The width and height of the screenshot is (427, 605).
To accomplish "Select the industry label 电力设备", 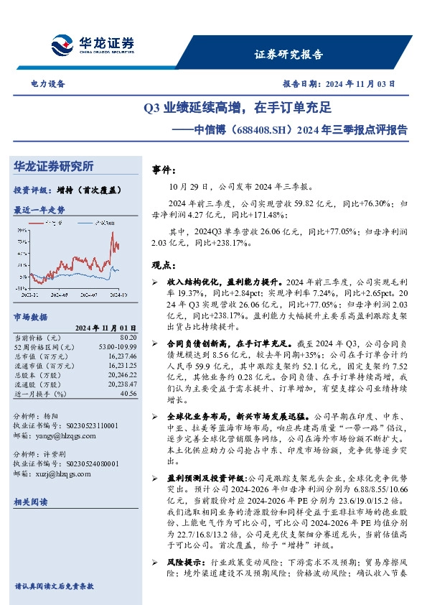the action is (48, 83).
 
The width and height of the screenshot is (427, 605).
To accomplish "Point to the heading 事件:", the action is (164, 170).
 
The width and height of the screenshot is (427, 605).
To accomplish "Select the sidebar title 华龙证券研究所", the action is (54, 167).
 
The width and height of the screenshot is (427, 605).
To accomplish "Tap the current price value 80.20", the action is (128, 336).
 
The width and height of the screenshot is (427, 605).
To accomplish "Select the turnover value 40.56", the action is (128, 393).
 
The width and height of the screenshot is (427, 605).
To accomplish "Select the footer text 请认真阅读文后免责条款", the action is (55, 586).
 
